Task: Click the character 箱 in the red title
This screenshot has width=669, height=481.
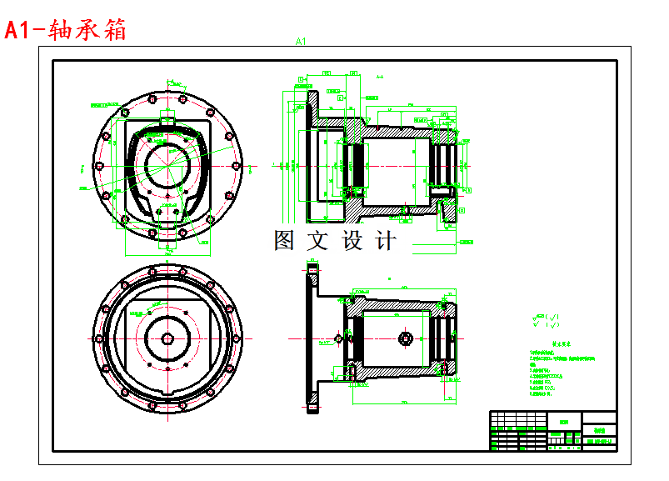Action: pos(113,30)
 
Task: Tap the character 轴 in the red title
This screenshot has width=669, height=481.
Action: pos(61,30)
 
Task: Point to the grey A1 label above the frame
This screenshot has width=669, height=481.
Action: pos(302,41)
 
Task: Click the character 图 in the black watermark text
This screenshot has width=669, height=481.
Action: pos(286,240)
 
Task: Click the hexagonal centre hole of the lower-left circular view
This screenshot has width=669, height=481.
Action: pos(167,338)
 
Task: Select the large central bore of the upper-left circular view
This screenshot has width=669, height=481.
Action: pos(168,164)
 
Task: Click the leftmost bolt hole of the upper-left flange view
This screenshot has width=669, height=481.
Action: pos(98,167)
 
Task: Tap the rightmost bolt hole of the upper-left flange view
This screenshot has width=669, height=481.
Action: pos(238,167)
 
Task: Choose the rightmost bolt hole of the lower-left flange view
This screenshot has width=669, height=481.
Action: pos(238,338)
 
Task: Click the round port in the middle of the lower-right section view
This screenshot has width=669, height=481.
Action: pos(406,338)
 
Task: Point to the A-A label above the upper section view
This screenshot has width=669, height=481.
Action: pos(379,76)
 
